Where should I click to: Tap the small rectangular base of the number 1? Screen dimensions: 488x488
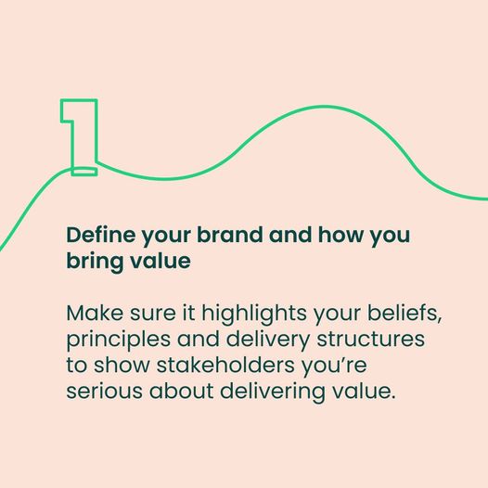[x=84, y=172]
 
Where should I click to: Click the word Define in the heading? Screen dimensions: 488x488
[x=101, y=235]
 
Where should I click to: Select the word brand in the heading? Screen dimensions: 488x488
[x=230, y=235]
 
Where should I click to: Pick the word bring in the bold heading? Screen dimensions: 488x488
[x=94, y=262]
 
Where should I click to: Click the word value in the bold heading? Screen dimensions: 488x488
[x=160, y=261]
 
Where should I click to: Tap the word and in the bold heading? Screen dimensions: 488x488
[x=290, y=235]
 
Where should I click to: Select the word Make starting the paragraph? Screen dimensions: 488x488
[x=95, y=313]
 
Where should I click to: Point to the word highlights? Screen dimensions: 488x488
[x=254, y=314]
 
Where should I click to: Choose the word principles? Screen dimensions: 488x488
[x=118, y=340]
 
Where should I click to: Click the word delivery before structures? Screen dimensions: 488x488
[x=267, y=340]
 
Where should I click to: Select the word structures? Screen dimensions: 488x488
[x=371, y=339]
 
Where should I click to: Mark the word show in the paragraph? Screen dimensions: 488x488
[x=122, y=365]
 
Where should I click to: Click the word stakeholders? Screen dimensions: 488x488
[x=225, y=365]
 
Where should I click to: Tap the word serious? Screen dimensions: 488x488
[x=105, y=391]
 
